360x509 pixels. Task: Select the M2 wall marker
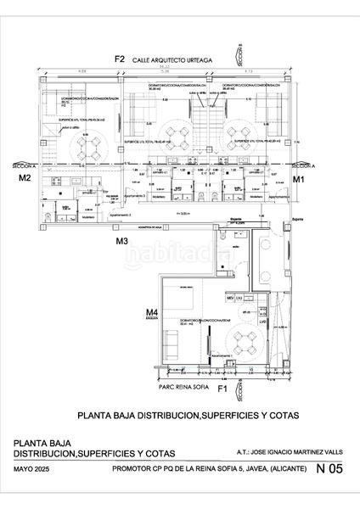25,179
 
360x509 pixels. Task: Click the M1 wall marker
299,180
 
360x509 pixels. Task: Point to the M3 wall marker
122,242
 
